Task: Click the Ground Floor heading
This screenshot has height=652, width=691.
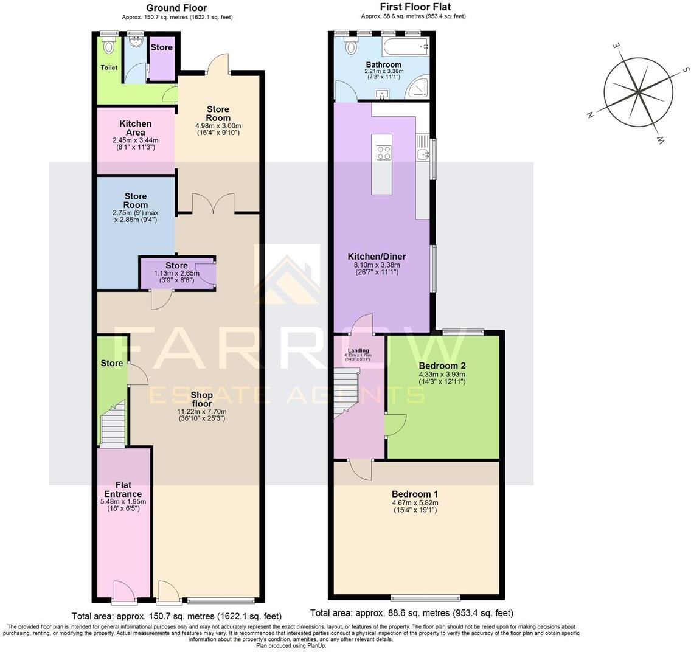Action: click(x=176, y=8)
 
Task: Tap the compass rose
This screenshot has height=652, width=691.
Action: click(x=638, y=93)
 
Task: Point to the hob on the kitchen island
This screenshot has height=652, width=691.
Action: click(x=384, y=152)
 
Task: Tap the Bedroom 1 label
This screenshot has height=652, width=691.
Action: click(x=414, y=494)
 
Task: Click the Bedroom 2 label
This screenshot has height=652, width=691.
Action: click(x=442, y=366)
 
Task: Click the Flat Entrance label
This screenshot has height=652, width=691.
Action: click(x=123, y=490)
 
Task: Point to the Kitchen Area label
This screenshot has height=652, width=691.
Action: click(x=135, y=128)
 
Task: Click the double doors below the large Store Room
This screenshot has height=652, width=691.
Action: click(x=213, y=203)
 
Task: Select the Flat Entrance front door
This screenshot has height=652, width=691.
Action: click(x=124, y=592)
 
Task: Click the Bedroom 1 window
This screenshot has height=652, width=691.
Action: click(x=425, y=597)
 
